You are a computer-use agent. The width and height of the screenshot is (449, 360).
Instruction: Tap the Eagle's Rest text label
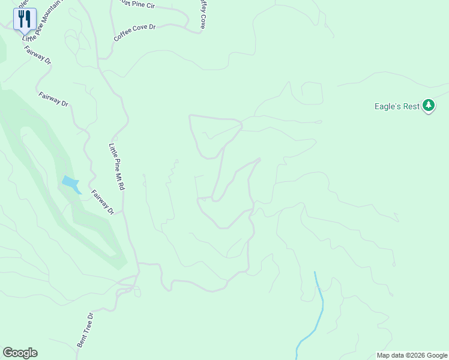pos(397,106)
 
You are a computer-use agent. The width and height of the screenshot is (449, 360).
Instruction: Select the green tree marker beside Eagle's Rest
pos(428,106)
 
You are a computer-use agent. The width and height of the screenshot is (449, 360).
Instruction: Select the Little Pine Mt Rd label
pos(116,166)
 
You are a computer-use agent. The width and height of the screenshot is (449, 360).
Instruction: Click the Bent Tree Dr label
pos(85,329)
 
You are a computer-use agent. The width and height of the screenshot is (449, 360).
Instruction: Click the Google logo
pos(20,353)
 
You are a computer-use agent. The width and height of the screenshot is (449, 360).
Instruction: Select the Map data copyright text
pos(411,355)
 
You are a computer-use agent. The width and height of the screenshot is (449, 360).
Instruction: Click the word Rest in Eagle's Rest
pos(411,106)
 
